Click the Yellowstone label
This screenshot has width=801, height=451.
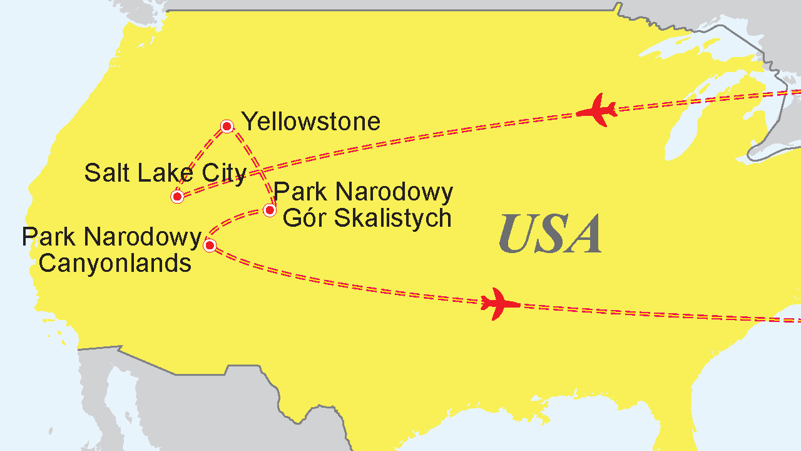coord(311,122)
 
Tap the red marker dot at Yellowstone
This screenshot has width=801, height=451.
coord(227,127)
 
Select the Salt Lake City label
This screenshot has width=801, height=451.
coord(165,173)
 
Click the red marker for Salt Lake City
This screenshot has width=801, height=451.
coord(177,197)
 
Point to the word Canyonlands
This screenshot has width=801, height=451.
coord(115,263)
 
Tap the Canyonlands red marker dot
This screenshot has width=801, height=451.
coord(210,245)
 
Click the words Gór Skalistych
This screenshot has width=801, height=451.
coord(367,218)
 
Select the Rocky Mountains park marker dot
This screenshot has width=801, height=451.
coord(270,210)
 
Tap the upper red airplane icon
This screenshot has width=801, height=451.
coord(598,111)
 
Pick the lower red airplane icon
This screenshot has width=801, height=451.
coord(499,304)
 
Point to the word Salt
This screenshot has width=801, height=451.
coord(106,173)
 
